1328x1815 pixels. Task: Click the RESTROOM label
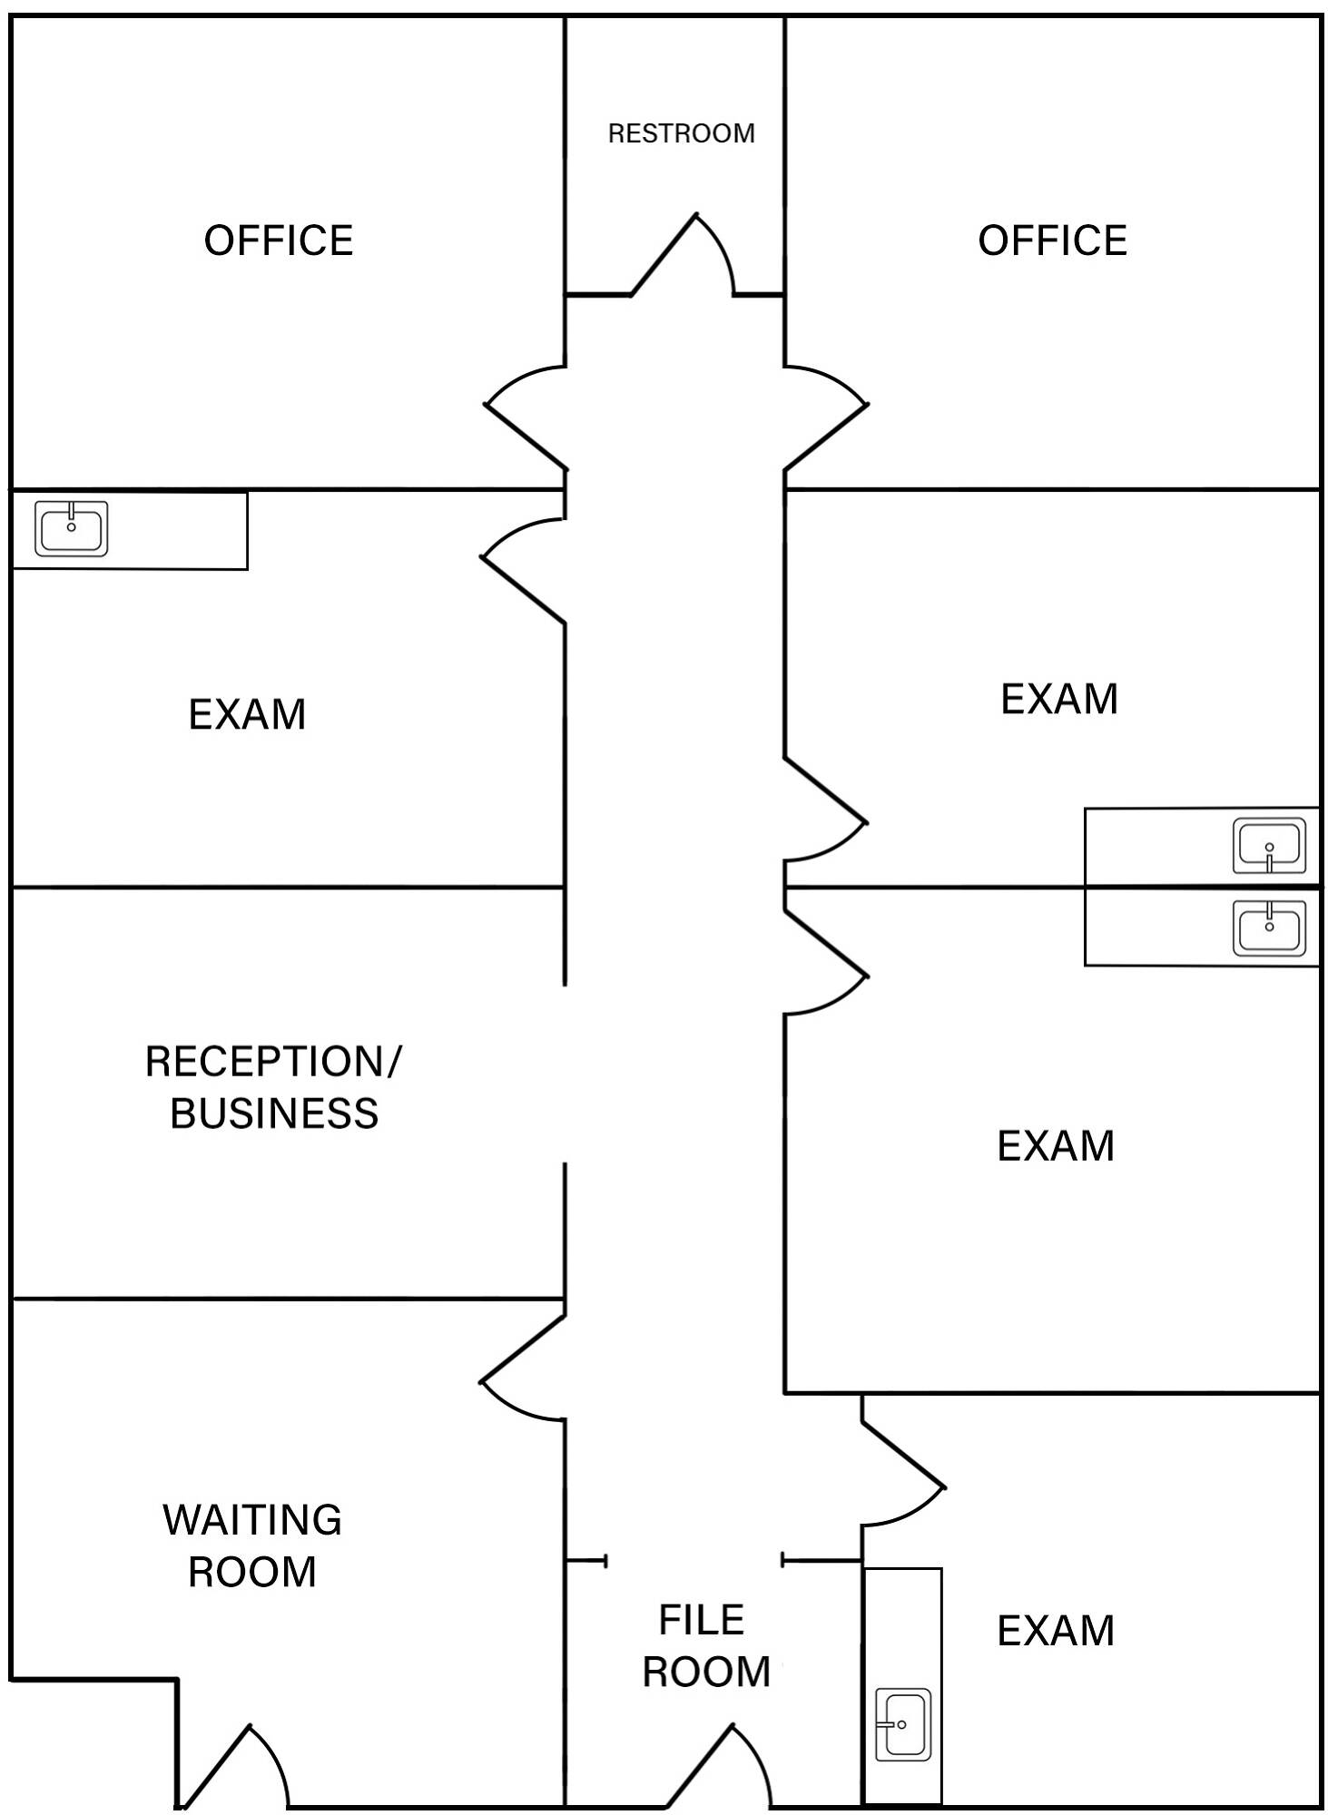(x=681, y=133)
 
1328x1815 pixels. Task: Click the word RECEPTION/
(x=272, y=1061)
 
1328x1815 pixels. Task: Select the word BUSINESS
(x=274, y=1114)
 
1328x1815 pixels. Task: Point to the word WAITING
(x=252, y=1519)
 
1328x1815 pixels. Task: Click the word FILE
(x=701, y=1621)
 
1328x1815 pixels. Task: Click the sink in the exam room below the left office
(x=72, y=528)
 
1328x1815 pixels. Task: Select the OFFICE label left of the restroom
(x=279, y=240)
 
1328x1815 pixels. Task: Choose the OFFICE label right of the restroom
(x=1052, y=240)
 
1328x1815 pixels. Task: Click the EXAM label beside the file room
(x=1055, y=1631)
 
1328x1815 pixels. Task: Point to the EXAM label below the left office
(x=247, y=714)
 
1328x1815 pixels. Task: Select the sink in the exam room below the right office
(x=1269, y=845)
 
